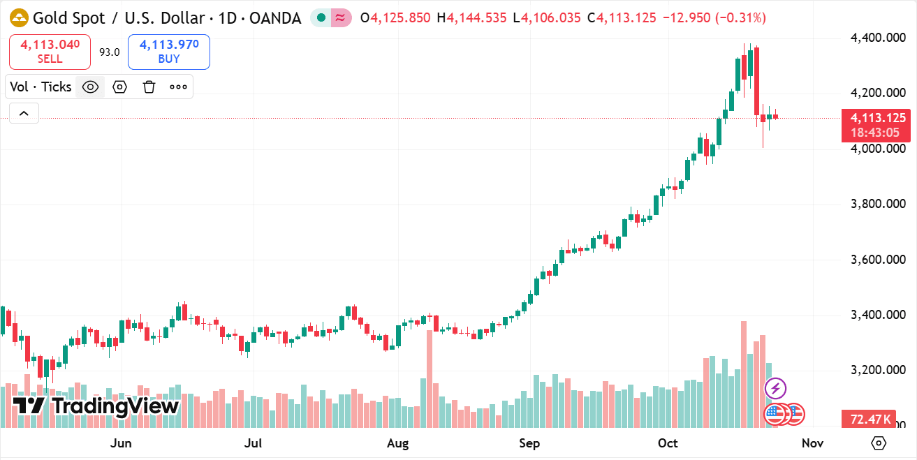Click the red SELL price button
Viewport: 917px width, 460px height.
pos(50,52)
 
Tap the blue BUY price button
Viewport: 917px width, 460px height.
pos(169,52)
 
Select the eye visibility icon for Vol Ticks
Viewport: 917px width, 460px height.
pos(90,87)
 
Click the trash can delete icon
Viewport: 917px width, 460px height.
pos(149,87)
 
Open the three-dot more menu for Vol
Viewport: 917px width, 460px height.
pos(178,87)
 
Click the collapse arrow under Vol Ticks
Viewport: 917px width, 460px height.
pos(24,113)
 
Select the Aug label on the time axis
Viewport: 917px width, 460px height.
pos(397,443)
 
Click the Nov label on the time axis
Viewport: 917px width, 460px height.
pos(813,443)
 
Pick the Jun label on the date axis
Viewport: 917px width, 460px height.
pos(122,443)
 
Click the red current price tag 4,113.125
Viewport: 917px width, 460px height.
pos(878,119)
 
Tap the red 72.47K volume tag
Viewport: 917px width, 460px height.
pos(870,419)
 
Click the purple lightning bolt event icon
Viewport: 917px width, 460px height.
pos(776,388)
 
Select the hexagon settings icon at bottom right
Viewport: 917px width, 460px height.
pos(879,443)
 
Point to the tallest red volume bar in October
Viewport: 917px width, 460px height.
pos(744,373)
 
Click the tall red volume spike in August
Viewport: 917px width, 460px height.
pos(430,377)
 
